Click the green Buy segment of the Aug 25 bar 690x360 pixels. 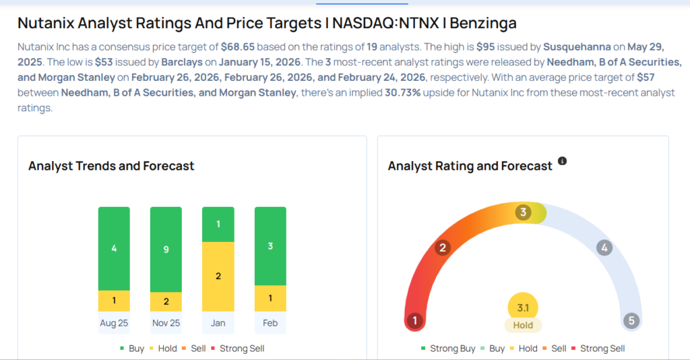[114, 248]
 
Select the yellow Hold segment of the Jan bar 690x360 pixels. [218, 276]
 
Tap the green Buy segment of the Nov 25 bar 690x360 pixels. [166, 249]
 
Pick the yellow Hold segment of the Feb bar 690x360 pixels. [270, 298]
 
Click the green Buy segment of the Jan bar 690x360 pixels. [218, 224]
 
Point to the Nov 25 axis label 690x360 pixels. [166, 323]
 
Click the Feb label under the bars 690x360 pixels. [270, 323]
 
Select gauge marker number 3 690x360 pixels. [522, 213]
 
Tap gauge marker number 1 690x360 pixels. [415, 321]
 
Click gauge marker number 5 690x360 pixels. [631, 321]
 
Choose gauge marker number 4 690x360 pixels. [604, 247]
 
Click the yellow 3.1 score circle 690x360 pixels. [523, 307]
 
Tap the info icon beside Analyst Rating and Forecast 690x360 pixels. [562, 162]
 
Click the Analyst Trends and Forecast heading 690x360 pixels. [111, 166]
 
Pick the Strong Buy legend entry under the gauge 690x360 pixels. [449, 349]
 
